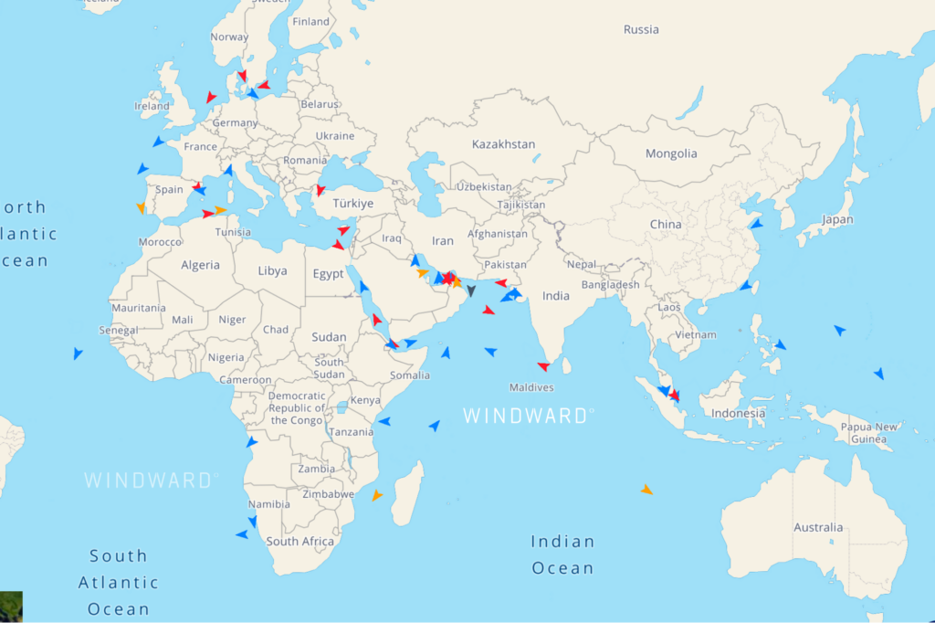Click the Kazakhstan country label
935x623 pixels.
click(503, 144)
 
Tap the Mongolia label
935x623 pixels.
click(671, 153)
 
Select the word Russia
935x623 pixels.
click(641, 29)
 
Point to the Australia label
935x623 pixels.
click(818, 527)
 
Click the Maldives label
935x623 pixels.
click(531, 387)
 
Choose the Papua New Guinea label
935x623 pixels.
click(867, 433)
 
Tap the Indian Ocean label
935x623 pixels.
click(562, 554)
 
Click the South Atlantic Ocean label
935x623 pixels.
click(118, 582)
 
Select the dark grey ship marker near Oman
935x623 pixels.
click(470, 291)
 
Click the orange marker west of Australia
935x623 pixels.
click(646, 490)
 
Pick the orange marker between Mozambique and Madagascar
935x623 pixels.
click(376, 495)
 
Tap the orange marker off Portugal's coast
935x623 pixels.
click(142, 208)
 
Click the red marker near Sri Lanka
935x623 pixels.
click(543, 366)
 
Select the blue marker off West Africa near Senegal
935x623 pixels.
click(78, 353)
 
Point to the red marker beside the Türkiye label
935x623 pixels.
click(320, 190)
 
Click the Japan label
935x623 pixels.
click(837, 219)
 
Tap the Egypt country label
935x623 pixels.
click(328, 274)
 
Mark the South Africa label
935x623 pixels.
click(300, 542)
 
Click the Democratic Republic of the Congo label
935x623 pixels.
click(297, 408)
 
